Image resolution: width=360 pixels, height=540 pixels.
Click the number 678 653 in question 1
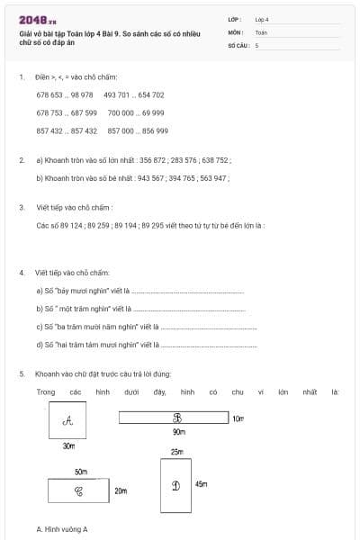50,94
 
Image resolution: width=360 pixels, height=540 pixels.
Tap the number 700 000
121,112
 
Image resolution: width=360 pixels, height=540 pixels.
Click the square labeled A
67,420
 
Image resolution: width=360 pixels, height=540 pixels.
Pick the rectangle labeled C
78,491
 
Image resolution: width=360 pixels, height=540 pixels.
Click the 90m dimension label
178,433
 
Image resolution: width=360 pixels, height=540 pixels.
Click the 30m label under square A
68,445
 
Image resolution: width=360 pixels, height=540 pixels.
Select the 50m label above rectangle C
81,472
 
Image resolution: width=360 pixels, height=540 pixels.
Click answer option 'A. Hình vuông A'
62,529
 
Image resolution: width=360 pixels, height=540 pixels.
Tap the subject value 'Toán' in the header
261,31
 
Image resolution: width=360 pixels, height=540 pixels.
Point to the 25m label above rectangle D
175,452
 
